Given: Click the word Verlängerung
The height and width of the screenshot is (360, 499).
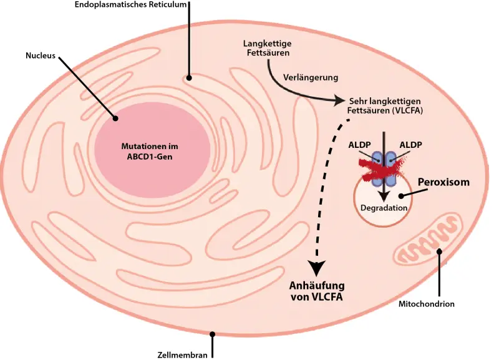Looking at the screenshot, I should pyautogui.click(x=311, y=78).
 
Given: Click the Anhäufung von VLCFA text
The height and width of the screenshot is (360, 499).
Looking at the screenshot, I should pyautogui.click(x=317, y=291).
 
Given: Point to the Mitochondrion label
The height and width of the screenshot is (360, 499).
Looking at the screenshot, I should pyautogui.click(x=427, y=304).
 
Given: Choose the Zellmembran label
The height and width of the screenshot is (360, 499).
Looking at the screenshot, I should pyautogui.click(x=182, y=355).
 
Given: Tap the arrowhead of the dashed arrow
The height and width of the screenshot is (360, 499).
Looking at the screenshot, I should pyautogui.click(x=317, y=267).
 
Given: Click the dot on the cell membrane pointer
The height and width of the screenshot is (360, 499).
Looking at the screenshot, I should pyautogui.click(x=213, y=334).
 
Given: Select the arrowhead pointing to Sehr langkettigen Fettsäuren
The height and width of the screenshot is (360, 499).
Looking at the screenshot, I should pyautogui.click(x=339, y=100).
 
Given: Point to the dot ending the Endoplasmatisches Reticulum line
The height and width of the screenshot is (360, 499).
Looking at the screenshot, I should pyautogui.click(x=188, y=79).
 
